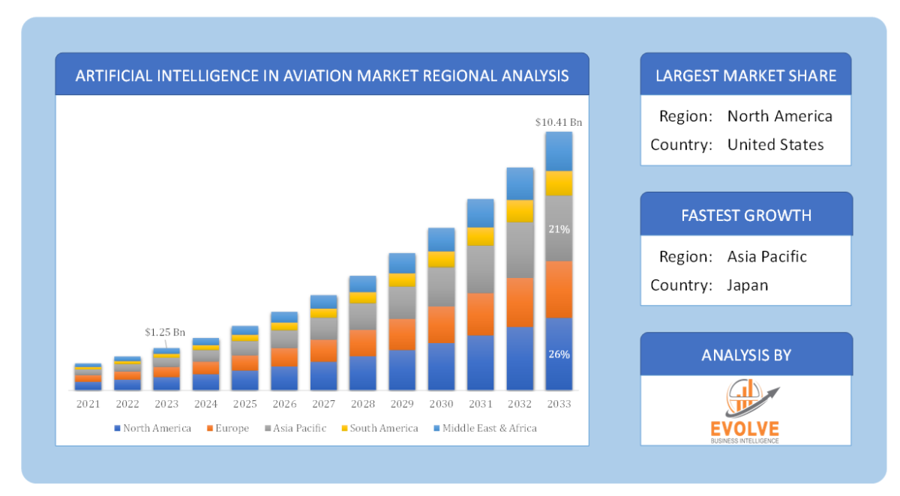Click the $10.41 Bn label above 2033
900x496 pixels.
tap(559, 121)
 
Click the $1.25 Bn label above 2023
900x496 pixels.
tap(165, 332)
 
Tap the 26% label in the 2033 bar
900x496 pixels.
tap(559, 354)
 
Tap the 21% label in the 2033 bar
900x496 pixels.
tap(559, 229)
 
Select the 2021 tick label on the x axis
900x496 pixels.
tap(88, 404)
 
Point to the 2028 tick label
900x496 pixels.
tap(362, 404)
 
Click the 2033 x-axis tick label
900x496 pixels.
tap(559, 404)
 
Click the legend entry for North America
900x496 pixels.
tap(152, 429)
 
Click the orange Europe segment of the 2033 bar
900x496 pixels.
tap(559, 289)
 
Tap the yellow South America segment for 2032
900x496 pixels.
tap(520, 211)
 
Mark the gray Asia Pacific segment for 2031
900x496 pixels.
tap(480, 269)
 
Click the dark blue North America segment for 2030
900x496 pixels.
tap(441, 366)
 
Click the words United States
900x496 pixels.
tap(775, 145)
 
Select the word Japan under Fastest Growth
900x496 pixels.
tap(747, 285)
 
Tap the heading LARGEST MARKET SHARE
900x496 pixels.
tap(745, 75)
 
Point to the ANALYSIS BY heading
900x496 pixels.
tap(745, 354)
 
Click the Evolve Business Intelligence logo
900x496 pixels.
tap(745, 411)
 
